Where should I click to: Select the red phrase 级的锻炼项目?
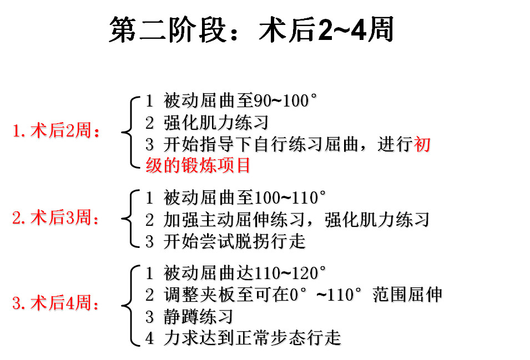pos(198,165)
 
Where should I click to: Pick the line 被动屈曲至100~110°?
pos(244,197)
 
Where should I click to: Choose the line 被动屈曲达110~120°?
pos(244,273)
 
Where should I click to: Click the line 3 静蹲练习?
pos(189,317)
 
